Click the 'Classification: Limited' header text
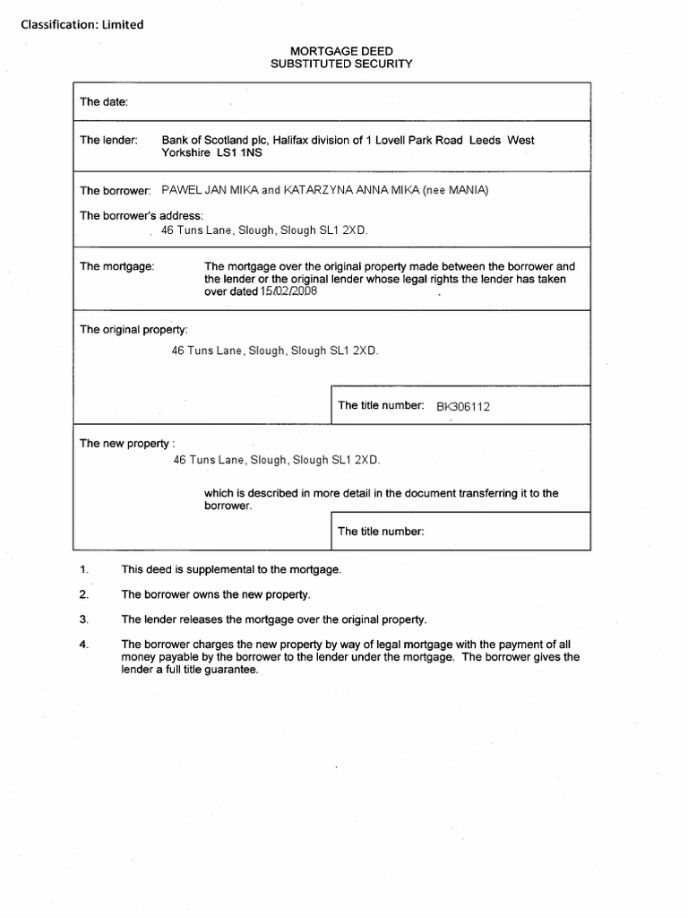(x=82, y=25)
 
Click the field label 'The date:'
(x=105, y=102)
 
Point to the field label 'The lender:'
(x=108, y=140)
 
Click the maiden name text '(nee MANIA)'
(x=456, y=190)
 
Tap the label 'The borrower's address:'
(x=142, y=215)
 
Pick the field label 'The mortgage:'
(x=117, y=266)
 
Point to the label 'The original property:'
(x=133, y=330)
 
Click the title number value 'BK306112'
(x=463, y=406)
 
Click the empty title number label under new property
(x=380, y=531)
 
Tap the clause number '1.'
(x=84, y=570)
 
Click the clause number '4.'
(x=84, y=645)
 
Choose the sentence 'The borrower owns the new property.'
(x=216, y=594)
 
